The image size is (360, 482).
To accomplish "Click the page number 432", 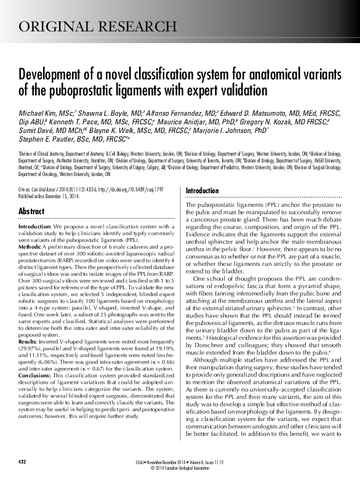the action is click(23, 461).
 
